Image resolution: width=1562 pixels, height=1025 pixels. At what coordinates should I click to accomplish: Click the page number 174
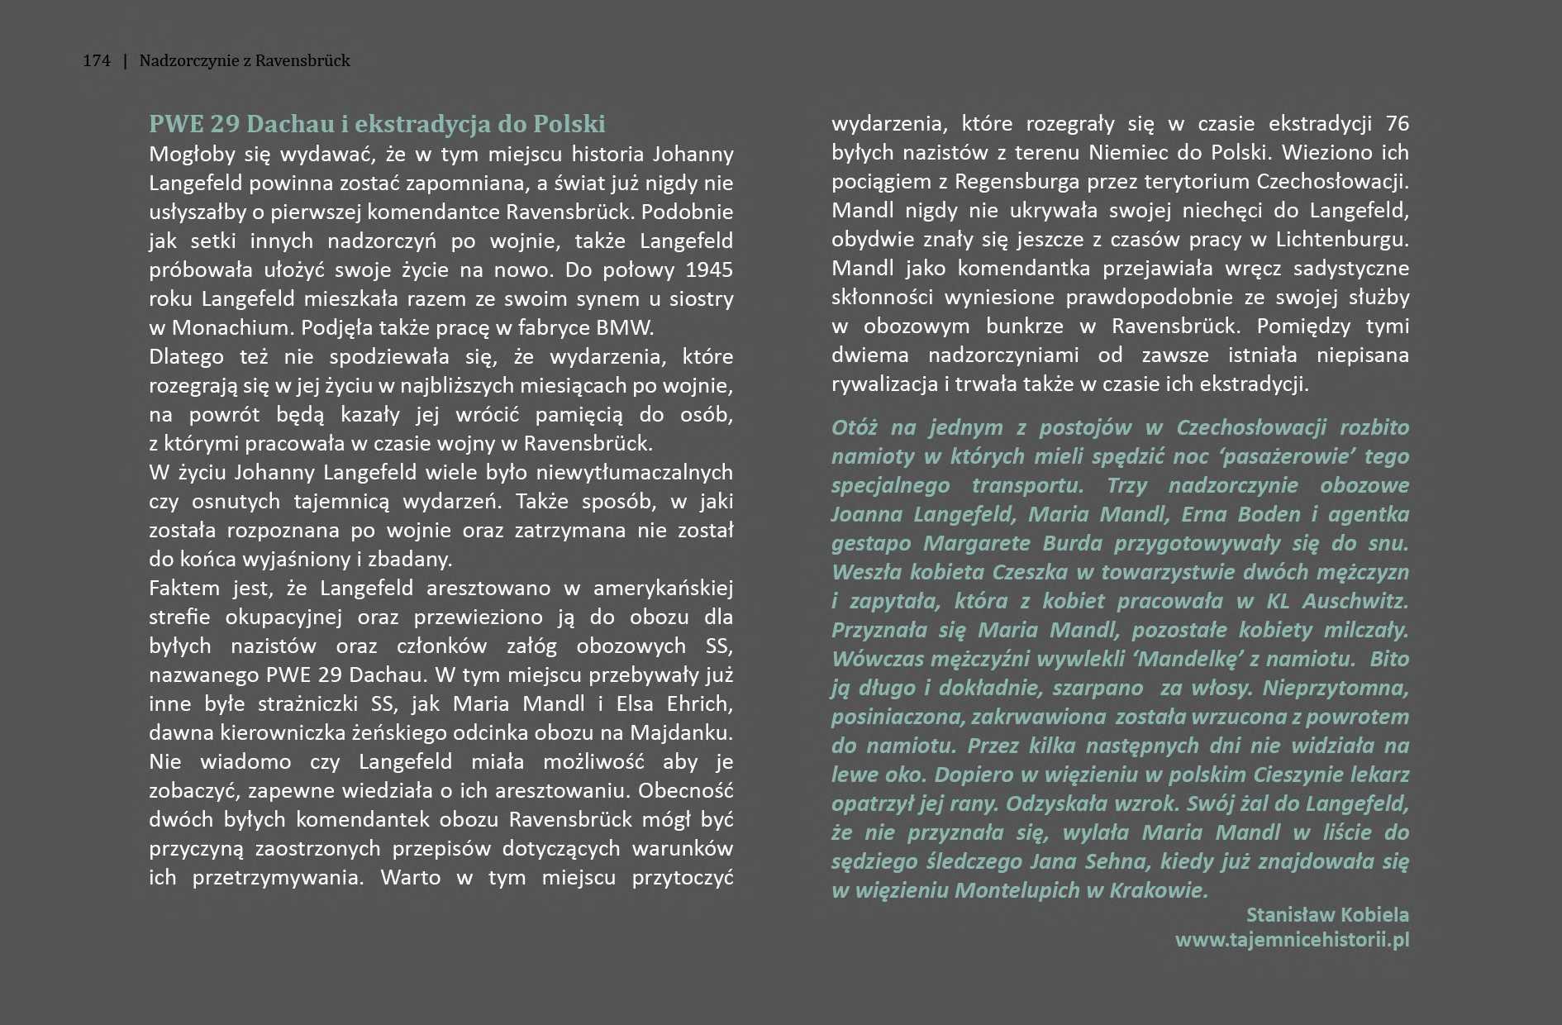97,60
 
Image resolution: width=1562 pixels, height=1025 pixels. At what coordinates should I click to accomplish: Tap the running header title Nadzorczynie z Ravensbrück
245,60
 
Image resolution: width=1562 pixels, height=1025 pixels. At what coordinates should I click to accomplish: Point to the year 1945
709,270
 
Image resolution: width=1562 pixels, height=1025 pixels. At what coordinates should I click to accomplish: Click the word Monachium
231,328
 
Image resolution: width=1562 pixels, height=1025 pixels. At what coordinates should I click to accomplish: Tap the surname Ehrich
702,704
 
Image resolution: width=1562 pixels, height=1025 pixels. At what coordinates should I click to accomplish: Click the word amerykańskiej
663,589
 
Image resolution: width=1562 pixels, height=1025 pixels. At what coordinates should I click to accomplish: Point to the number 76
1397,124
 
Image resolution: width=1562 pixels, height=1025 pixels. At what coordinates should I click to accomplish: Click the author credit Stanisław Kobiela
1327,915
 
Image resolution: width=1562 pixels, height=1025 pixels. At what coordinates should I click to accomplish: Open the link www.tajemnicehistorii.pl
1292,940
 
